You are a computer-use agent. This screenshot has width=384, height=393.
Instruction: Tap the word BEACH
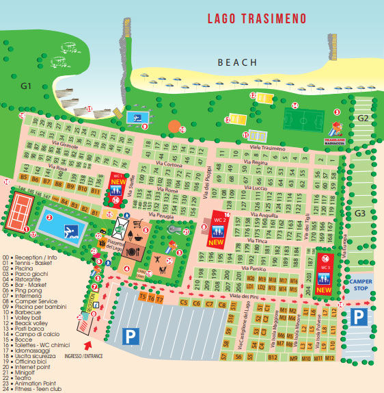237,62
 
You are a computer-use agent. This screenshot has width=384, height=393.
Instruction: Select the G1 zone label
27,86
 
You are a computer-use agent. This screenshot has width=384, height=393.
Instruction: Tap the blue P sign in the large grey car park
129,335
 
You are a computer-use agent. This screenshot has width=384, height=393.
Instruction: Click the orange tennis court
21,211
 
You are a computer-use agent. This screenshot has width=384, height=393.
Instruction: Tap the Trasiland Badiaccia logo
337,130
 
